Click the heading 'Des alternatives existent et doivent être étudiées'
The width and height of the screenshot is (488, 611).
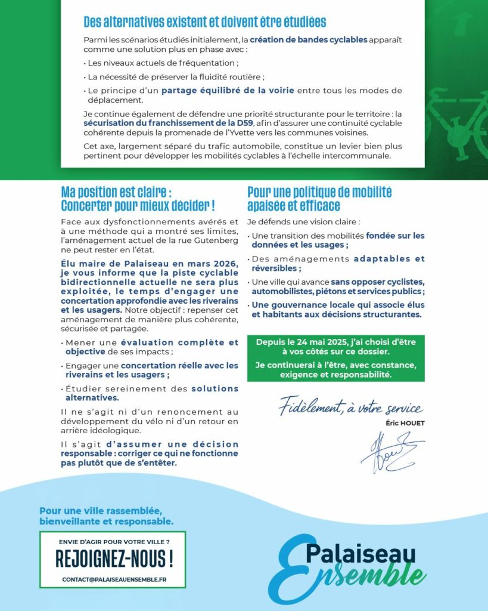coord(205,23)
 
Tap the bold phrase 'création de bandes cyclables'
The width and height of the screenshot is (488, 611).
coord(308,41)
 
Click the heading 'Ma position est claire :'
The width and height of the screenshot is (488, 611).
coord(116,193)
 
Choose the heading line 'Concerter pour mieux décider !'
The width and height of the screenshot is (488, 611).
coord(138,206)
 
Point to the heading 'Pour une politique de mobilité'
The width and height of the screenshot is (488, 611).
coord(319,193)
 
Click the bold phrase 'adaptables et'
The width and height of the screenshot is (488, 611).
coord(389,259)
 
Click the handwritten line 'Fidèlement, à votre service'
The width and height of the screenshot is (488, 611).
coord(352,409)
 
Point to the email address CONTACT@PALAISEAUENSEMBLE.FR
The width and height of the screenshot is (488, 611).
coord(114,579)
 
